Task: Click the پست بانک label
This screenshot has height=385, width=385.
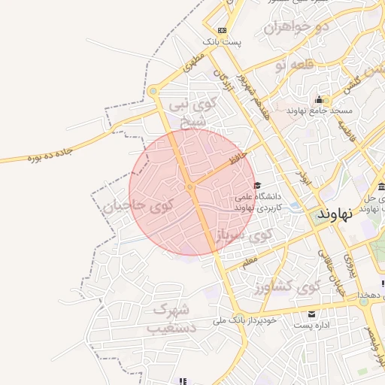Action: click(226, 42)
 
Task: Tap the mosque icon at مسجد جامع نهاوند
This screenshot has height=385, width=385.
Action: click(320, 100)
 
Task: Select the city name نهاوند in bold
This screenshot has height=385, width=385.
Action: click(335, 213)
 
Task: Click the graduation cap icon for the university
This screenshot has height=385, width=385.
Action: click(257, 185)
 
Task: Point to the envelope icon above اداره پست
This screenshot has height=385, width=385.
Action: click(311, 314)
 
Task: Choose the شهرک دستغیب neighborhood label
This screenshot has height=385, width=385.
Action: click(172, 318)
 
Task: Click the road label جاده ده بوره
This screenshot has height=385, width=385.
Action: click(50, 156)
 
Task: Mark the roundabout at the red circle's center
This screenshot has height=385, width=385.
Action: click(190, 186)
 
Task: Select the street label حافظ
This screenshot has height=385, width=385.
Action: click(239, 156)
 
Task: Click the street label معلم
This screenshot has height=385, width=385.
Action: click(250, 263)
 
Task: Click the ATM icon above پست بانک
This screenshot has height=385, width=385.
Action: click(221, 30)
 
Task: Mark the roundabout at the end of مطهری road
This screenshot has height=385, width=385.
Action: click(154, 92)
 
